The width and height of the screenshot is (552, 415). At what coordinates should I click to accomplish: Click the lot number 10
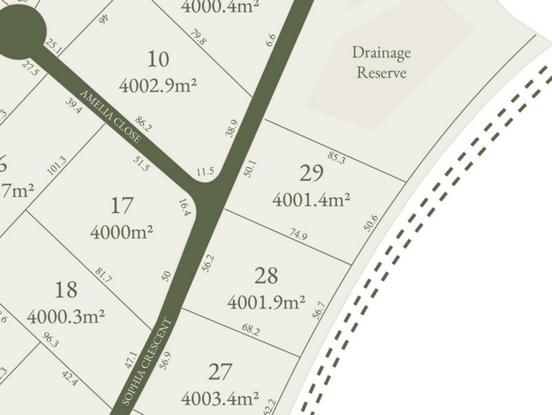[158, 59]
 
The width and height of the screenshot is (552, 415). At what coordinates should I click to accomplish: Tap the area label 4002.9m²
[158, 85]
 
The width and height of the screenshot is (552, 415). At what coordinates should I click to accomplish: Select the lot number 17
[122, 206]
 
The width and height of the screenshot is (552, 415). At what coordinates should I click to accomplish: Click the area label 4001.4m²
[311, 200]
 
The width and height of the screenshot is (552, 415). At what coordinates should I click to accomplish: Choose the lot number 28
[266, 276]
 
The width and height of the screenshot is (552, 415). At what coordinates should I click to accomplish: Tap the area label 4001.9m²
[266, 302]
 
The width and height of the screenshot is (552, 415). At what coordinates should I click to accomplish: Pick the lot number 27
[220, 372]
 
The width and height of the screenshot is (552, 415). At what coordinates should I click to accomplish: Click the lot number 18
[66, 290]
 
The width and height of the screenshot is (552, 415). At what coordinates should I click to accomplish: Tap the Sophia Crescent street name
[148, 362]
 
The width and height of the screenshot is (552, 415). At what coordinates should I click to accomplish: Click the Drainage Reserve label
[381, 62]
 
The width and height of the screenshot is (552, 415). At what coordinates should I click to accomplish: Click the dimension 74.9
[298, 235]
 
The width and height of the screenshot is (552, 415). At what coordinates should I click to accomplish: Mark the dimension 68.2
[251, 330]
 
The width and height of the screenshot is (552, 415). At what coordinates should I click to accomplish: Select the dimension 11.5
[205, 172]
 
